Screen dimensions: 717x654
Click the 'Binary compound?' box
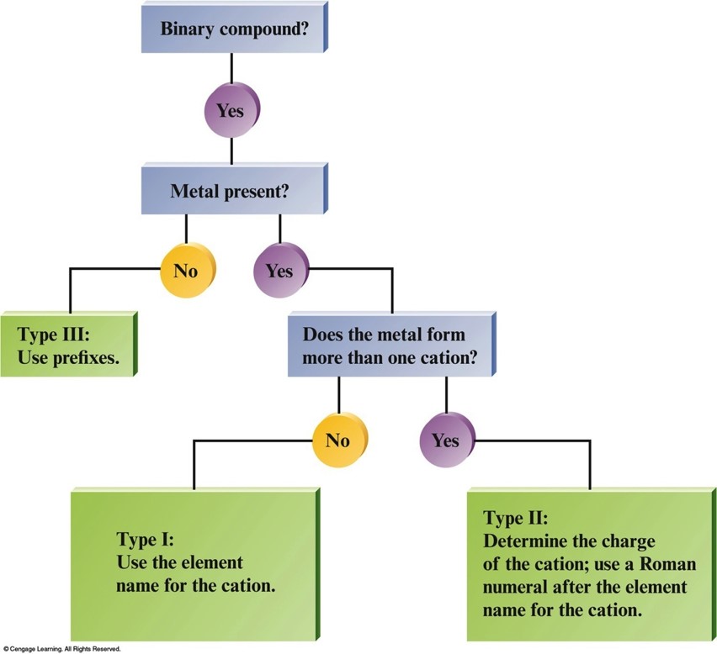[x=235, y=28]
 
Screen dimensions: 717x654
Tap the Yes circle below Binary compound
[x=231, y=110]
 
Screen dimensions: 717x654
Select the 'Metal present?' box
[x=235, y=189]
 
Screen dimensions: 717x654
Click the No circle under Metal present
[x=188, y=271]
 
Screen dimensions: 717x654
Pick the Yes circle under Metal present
[x=281, y=271]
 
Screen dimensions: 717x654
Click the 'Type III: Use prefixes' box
[x=69, y=344]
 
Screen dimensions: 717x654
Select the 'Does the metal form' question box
[x=392, y=345]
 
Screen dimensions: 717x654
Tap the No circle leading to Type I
[x=340, y=440]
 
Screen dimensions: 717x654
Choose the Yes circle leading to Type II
[x=447, y=440]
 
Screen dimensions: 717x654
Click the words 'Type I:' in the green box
[x=145, y=540]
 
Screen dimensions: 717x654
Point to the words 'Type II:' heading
[x=515, y=518]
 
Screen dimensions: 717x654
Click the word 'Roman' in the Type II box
[x=667, y=564]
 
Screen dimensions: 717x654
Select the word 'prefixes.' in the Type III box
[x=86, y=357]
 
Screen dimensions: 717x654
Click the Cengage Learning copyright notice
[x=61, y=648]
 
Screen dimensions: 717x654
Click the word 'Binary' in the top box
[x=188, y=29]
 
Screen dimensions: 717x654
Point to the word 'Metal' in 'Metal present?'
[x=194, y=191]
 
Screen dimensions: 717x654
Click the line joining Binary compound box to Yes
[x=231, y=68]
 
